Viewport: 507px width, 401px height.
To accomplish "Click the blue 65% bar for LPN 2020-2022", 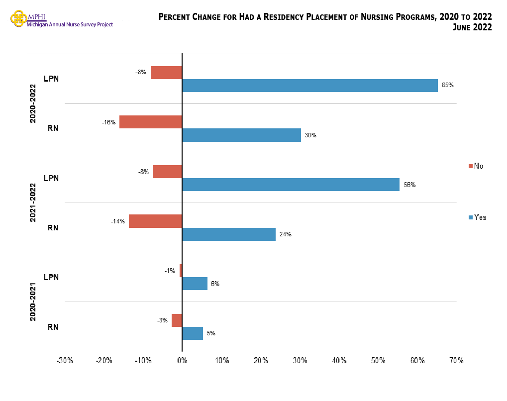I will [x=310, y=86].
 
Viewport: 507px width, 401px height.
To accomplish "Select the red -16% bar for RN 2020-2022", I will [x=151, y=122].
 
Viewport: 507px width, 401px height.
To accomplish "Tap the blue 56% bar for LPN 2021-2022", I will [x=291, y=185].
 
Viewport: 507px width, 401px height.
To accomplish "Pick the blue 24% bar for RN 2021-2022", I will [x=229, y=234].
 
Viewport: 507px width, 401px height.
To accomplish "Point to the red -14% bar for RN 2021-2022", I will [x=155, y=221].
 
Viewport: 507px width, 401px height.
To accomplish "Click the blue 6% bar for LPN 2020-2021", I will [x=195, y=284].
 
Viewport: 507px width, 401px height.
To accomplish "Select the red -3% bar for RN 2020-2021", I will [x=177, y=320].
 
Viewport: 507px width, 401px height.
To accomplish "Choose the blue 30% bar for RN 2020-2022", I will [x=241, y=135].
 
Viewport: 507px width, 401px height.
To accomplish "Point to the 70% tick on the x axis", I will [x=456, y=360].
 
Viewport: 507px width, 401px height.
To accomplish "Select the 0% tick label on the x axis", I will [x=182, y=360].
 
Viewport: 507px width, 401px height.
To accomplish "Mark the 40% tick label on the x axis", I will [x=339, y=360].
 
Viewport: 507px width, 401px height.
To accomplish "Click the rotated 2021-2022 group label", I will [x=33, y=202].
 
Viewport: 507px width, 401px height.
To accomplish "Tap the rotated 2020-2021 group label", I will [x=33, y=301].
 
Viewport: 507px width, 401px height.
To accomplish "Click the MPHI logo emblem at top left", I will [x=18, y=19].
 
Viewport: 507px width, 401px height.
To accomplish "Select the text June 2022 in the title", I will [x=472, y=28].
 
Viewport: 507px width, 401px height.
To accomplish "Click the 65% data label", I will [x=447, y=85].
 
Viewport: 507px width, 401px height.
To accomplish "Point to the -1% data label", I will [x=170, y=271].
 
